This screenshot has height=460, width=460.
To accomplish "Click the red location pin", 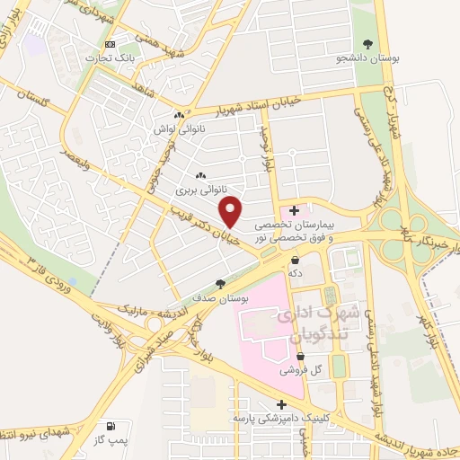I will (x=233, y=211).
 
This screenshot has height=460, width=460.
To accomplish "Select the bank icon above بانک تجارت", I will (x=110, y=44).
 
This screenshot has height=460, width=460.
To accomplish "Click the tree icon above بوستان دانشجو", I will (x=367, y=43).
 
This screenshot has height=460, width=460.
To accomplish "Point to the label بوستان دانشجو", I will (x=367, y=58).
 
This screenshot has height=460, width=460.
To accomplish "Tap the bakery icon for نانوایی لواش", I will (x=179, y=114).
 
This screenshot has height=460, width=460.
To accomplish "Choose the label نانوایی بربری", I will (x=197, y=190).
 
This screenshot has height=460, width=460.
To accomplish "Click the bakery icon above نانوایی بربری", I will (x=199, y=176).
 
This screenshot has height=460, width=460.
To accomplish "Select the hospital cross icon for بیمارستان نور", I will (x=294, y=209).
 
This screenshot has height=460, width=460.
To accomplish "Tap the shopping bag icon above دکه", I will (x=295, y=260).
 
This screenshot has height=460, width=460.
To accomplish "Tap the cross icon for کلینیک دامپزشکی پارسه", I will (x=282, y=404).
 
